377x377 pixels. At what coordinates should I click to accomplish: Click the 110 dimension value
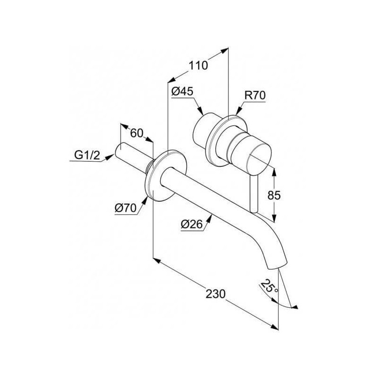pos(198,66)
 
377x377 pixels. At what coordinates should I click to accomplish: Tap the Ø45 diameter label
pos(182,91)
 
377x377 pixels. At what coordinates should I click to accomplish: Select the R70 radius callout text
pos(255,95)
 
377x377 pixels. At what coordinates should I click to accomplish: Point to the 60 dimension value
pos(137,133)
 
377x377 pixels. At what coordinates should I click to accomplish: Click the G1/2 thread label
pos(87,156)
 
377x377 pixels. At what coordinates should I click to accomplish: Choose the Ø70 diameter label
pos(125,208)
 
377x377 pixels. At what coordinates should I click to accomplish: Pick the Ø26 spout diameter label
pos(192,224)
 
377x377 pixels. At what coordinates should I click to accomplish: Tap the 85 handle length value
pos(274,195)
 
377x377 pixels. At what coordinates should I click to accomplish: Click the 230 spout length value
pos(216,294)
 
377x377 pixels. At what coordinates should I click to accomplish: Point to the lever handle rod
pos(254,194)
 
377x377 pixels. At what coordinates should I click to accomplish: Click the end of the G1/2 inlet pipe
pos(120,150)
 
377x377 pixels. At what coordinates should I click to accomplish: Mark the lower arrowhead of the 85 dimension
pos(274,218)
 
